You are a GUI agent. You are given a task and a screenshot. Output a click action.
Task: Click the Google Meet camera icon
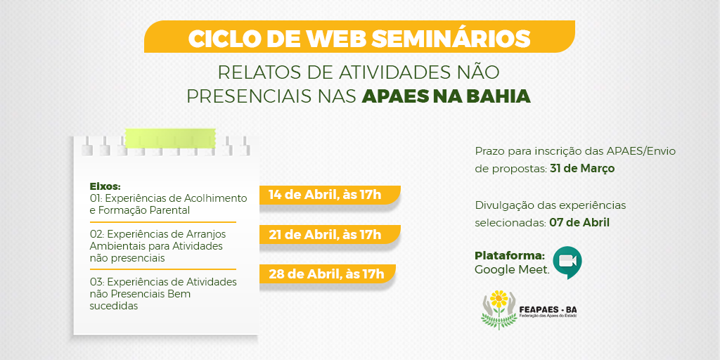coord(567,262)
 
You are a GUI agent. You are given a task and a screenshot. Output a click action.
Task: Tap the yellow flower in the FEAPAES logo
coord(499,300)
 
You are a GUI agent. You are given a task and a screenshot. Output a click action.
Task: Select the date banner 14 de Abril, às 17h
coord(329,195)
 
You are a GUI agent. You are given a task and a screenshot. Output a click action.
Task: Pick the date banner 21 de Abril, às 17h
coord(329,234)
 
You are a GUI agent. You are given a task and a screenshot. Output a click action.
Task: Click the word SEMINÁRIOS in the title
coord(451,39)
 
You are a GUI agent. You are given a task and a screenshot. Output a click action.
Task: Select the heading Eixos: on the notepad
coord(105,187)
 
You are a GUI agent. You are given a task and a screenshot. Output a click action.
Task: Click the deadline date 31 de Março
coord(582,169)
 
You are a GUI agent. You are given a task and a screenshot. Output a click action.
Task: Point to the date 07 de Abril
coord(579,223)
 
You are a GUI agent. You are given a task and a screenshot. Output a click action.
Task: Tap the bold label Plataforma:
coord(510,256)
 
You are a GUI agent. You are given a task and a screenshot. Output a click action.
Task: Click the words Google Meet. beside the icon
coord(512,269)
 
